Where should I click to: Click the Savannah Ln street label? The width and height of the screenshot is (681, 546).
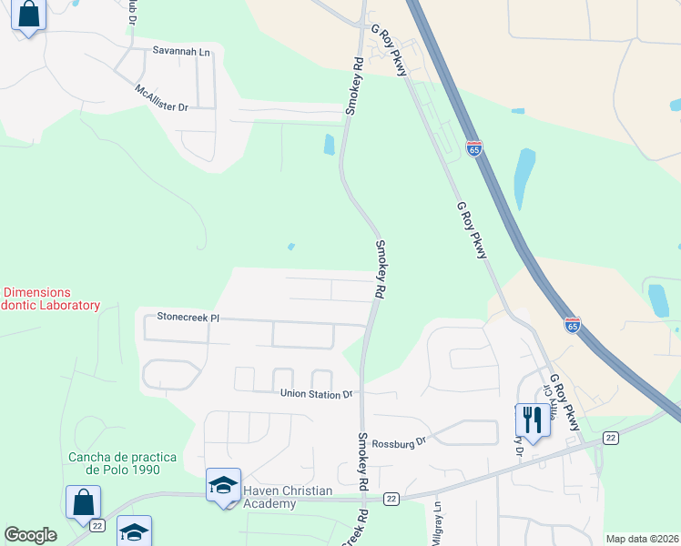point(181,52)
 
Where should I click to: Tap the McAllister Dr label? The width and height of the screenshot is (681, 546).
point(160,100)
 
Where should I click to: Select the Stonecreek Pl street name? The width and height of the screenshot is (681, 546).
point(188,318)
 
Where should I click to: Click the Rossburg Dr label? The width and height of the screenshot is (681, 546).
point(399,441)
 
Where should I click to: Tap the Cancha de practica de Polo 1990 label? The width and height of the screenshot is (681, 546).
point(123,463)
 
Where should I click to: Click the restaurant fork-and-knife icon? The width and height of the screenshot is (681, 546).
point(531,420)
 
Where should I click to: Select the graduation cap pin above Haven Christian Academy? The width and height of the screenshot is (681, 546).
point(223,485)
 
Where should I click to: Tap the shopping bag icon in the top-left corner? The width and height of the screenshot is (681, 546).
point(29,15)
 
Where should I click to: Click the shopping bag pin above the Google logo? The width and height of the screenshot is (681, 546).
point(83,502)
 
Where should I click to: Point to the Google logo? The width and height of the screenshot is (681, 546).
point(30,535)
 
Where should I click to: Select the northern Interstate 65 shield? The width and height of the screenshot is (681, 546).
point(473,148)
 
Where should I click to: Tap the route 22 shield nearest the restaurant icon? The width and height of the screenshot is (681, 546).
point(610,438)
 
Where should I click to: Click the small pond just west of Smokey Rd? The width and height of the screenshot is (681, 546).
point(329,145)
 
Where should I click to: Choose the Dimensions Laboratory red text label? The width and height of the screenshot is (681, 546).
point(49,299)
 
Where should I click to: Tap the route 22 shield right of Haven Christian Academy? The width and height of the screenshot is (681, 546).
point(391,499)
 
